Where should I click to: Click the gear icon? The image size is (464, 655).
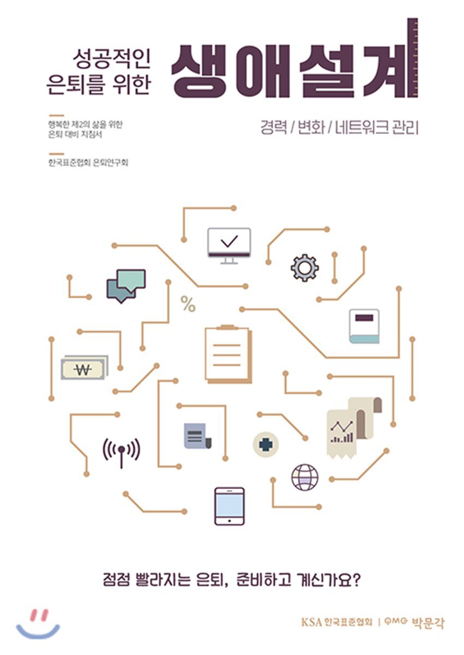pyautogui.click(x=305, y=268)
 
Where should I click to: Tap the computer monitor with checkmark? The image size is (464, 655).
pyautogui.click(x=229, y=246)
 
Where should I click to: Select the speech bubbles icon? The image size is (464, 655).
pyautogui.click(x=126, y=286)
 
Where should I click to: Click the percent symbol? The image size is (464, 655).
pyautogui.click(x=188, y=304)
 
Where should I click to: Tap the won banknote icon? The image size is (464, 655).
pyautogui.click(x=84, y=368)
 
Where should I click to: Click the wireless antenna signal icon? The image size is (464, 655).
pyautogui.click(x=122, y=452)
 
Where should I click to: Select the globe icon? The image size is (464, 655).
pyautogui.click(x=305, y=477)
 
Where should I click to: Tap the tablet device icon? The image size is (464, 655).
pyautogui.click(x=230, y=506)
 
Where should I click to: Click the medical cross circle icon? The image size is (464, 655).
pyautogui.click(x=266, y=445)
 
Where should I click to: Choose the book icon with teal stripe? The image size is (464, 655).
pyautogui.click(x=364, y=326)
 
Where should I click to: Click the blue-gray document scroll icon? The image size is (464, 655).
pyautogui.click(x=198, y=436)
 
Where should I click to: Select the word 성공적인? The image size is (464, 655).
pyautogui.click(x=111, y=59)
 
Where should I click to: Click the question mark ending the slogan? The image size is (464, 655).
pyautogui.click(x=356, y=579)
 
